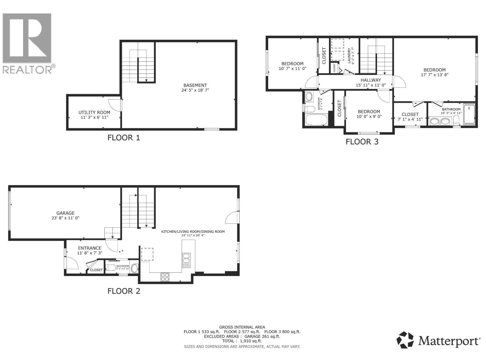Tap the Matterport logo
tap(438, 341)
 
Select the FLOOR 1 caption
tap(124, 138)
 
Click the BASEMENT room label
tap(195, 86)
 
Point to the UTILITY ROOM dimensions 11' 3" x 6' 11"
tap(94, 117)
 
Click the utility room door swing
tap(115, 105)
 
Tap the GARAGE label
tap(65, 213)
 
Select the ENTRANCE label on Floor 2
tap(90, 248)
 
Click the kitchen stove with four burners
tap(165, 277)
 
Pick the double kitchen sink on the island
tap(186, 260)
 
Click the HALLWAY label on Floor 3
tap(371, 80)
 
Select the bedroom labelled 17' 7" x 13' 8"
tap(435, 70)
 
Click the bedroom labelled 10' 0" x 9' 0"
tap(369, 112)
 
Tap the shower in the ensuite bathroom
tap(469, 114)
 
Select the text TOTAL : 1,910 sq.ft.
tap(242, 341)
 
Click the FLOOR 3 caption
tap(362, 142)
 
